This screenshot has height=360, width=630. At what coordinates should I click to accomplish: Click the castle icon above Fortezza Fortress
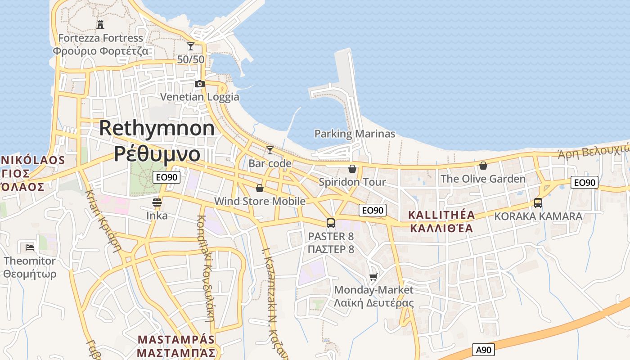click(100, 24)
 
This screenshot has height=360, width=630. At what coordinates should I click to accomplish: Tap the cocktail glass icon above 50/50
click(191, 46)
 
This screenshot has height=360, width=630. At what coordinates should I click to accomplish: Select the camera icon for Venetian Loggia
click(200, 84)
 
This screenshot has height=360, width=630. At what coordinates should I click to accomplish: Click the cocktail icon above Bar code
click(270, 150)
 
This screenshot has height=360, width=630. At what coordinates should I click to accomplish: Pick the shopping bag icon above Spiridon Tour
click(352, 169)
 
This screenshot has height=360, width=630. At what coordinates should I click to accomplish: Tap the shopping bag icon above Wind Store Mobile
click(260, 188)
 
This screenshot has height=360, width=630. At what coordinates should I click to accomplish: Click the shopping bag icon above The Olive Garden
click(483, 166)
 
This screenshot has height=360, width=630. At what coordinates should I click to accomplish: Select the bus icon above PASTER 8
click(331, 223)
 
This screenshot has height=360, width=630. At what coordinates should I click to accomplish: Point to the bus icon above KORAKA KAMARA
click(538, 203)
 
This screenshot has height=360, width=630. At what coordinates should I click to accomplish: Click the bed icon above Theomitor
click(30, 247)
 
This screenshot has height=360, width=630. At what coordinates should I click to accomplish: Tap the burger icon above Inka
click(157, 202)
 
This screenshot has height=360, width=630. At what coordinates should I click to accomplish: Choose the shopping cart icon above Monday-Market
click(373, 277)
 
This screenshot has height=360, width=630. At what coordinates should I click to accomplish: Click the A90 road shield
click(484, 350)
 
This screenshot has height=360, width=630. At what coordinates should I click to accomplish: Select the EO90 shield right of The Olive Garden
click(585, 182)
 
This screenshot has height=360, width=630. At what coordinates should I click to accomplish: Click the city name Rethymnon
click(157, 128)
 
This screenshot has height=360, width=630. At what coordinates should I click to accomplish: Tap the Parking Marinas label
click(355, 134)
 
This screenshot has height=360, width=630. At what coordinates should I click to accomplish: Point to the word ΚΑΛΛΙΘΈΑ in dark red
click(441, 228)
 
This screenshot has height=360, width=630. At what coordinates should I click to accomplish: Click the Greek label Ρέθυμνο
click(157, 153)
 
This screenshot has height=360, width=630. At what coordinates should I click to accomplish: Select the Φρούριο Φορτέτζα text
click(100, 51)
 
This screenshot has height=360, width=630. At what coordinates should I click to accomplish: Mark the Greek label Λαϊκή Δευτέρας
click(373, 303)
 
